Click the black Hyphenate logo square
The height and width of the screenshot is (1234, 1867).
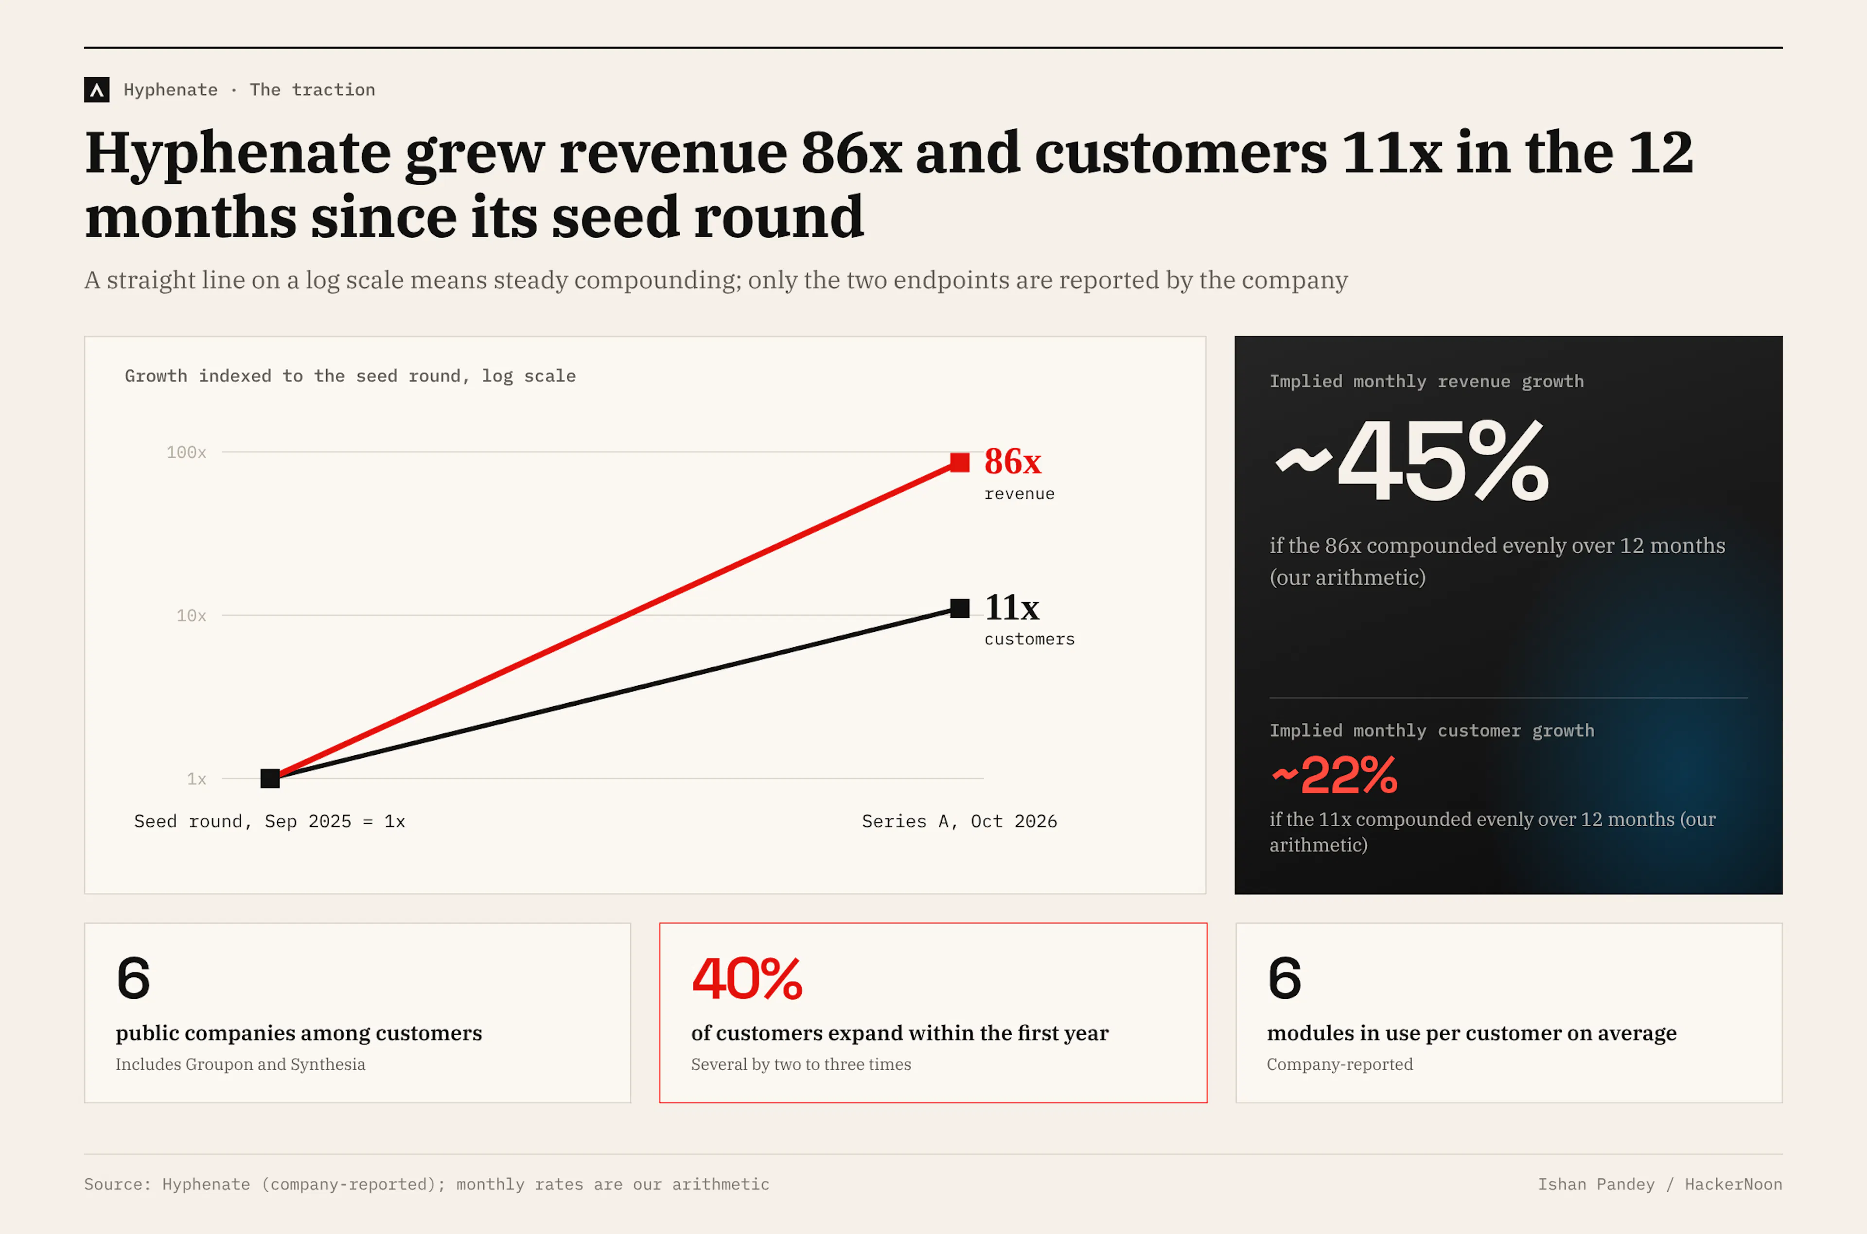97,90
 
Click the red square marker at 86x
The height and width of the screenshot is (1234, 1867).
959,462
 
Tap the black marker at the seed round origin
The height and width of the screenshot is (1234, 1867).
270,778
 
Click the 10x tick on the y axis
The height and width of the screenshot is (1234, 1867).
191,615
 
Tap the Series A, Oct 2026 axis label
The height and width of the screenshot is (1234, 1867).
959,822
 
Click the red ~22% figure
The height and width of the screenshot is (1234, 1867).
1334,775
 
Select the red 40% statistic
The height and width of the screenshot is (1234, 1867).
747,979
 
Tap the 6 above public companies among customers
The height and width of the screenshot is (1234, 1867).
133,979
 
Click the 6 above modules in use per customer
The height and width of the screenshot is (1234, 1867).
1285,979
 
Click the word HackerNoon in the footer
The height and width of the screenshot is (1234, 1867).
1733,1184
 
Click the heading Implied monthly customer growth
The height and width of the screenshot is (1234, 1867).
1432,731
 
